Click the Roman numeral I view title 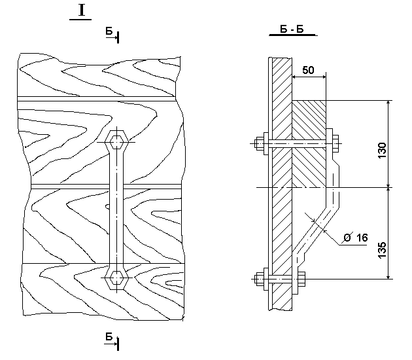(82, 10)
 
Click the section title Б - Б (292, 29)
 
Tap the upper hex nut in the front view (116, 142)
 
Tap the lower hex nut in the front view (116, 277)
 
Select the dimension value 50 (308, 70)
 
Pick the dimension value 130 (382, 150)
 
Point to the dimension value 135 (382, 250)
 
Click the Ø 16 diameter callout (356, 238)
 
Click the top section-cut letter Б (109, 31)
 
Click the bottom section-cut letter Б (109, 336)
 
